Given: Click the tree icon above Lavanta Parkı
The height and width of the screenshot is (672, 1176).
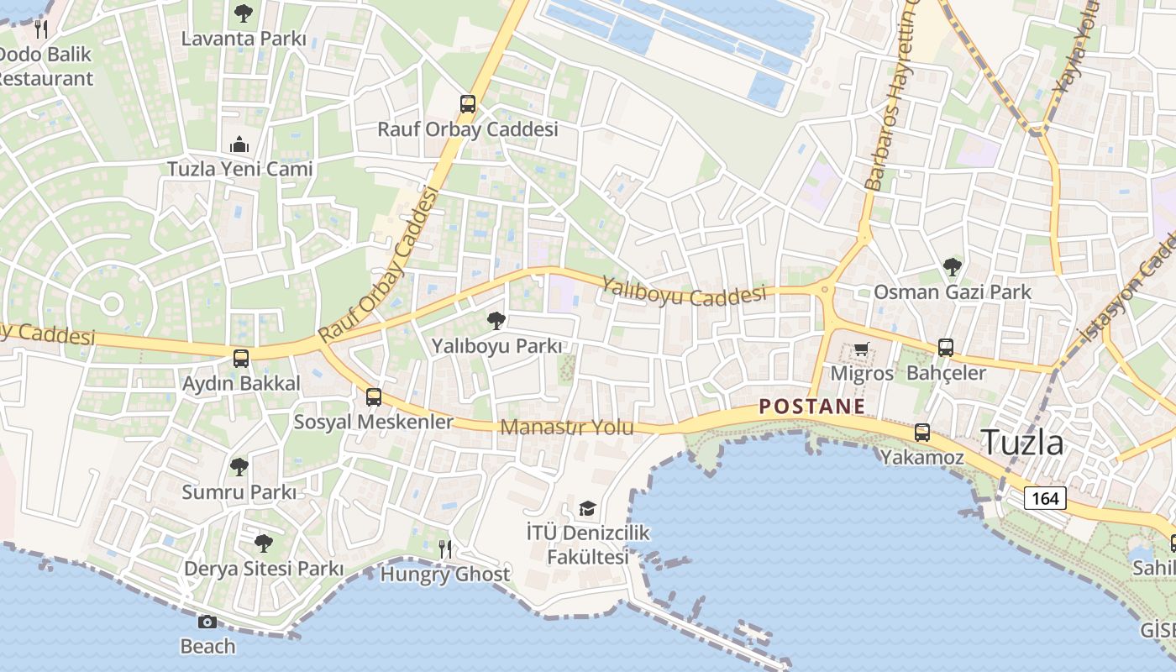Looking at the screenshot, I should coord(244,13).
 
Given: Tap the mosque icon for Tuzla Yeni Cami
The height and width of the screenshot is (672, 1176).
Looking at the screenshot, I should coord(239,144).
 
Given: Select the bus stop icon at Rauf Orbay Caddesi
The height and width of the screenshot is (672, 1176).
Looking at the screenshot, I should coord(468,104).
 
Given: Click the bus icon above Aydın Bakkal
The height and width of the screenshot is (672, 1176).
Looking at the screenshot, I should coord(241,359).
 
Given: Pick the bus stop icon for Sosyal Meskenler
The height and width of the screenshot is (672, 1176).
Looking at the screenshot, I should coord(374,397).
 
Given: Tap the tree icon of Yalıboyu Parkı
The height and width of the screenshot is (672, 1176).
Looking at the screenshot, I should coord(496,320).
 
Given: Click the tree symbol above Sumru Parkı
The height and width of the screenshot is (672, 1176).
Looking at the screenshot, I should coord(239,467).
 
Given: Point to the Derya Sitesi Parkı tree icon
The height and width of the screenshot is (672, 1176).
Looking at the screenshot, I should coord(264,543).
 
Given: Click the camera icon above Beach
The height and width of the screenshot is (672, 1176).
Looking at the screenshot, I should coord(207,622).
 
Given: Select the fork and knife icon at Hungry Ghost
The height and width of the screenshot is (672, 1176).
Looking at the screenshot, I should coord(445,549).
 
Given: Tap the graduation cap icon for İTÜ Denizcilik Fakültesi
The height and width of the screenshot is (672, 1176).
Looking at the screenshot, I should coord(587,508).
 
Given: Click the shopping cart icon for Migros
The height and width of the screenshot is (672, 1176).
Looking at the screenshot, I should coord(861,349).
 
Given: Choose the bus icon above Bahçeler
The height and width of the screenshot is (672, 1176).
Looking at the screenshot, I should coord(946,348).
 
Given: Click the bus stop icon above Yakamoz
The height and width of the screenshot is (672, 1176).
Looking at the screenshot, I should coord(922,433).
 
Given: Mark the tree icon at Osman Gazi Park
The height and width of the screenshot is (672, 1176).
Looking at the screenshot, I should coord(952,267).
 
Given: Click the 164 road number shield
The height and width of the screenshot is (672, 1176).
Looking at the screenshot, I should coord(1045,498).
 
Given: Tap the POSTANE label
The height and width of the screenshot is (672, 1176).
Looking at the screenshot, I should coord(811,407).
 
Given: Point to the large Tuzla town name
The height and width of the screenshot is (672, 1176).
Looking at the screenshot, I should coord(1022,442).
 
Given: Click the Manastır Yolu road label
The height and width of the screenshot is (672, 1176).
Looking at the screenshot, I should coord(566,428).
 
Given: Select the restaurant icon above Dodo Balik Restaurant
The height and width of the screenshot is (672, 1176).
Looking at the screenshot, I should coord(41,29).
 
